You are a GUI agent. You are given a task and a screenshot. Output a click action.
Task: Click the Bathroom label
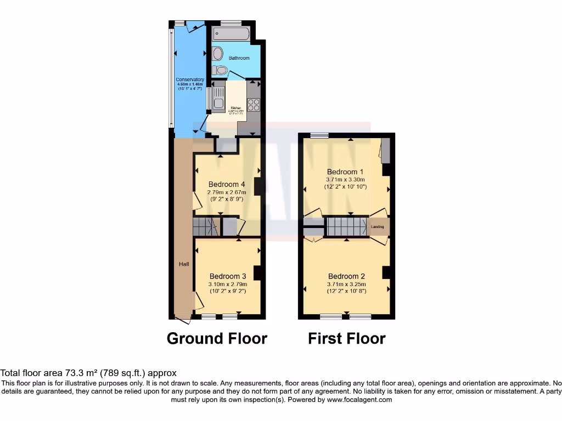pos(239,58)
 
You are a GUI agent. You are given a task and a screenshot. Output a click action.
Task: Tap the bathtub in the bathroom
pos(230,34)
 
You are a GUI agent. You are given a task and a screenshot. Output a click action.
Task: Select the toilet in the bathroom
pos(220,70)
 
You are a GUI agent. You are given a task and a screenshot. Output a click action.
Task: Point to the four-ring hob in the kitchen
pos(254,103)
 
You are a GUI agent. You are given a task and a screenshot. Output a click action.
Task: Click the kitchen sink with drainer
pos(218,98)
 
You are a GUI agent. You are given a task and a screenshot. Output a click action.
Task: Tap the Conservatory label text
pos(190,80)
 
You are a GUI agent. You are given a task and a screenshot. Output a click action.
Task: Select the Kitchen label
pos(236,108)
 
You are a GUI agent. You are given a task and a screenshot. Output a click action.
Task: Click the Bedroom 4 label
pos(227,184)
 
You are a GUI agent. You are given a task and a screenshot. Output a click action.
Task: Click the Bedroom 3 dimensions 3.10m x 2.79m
pos(228,284)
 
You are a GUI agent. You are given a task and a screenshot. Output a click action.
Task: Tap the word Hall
pos(184,264)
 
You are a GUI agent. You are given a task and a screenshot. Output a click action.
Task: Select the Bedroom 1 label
pos(345,172)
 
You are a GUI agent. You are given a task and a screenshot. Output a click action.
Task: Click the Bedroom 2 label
pos(346,276)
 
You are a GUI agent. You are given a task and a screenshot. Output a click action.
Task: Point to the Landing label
pos(378,226)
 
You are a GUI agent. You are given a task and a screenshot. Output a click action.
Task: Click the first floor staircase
pos(346,226)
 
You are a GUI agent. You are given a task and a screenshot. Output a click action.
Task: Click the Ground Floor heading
pos(217,338)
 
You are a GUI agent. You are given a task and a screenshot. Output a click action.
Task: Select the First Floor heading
pos(346,338)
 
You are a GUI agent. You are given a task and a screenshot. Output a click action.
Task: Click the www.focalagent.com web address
pos(359,400)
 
